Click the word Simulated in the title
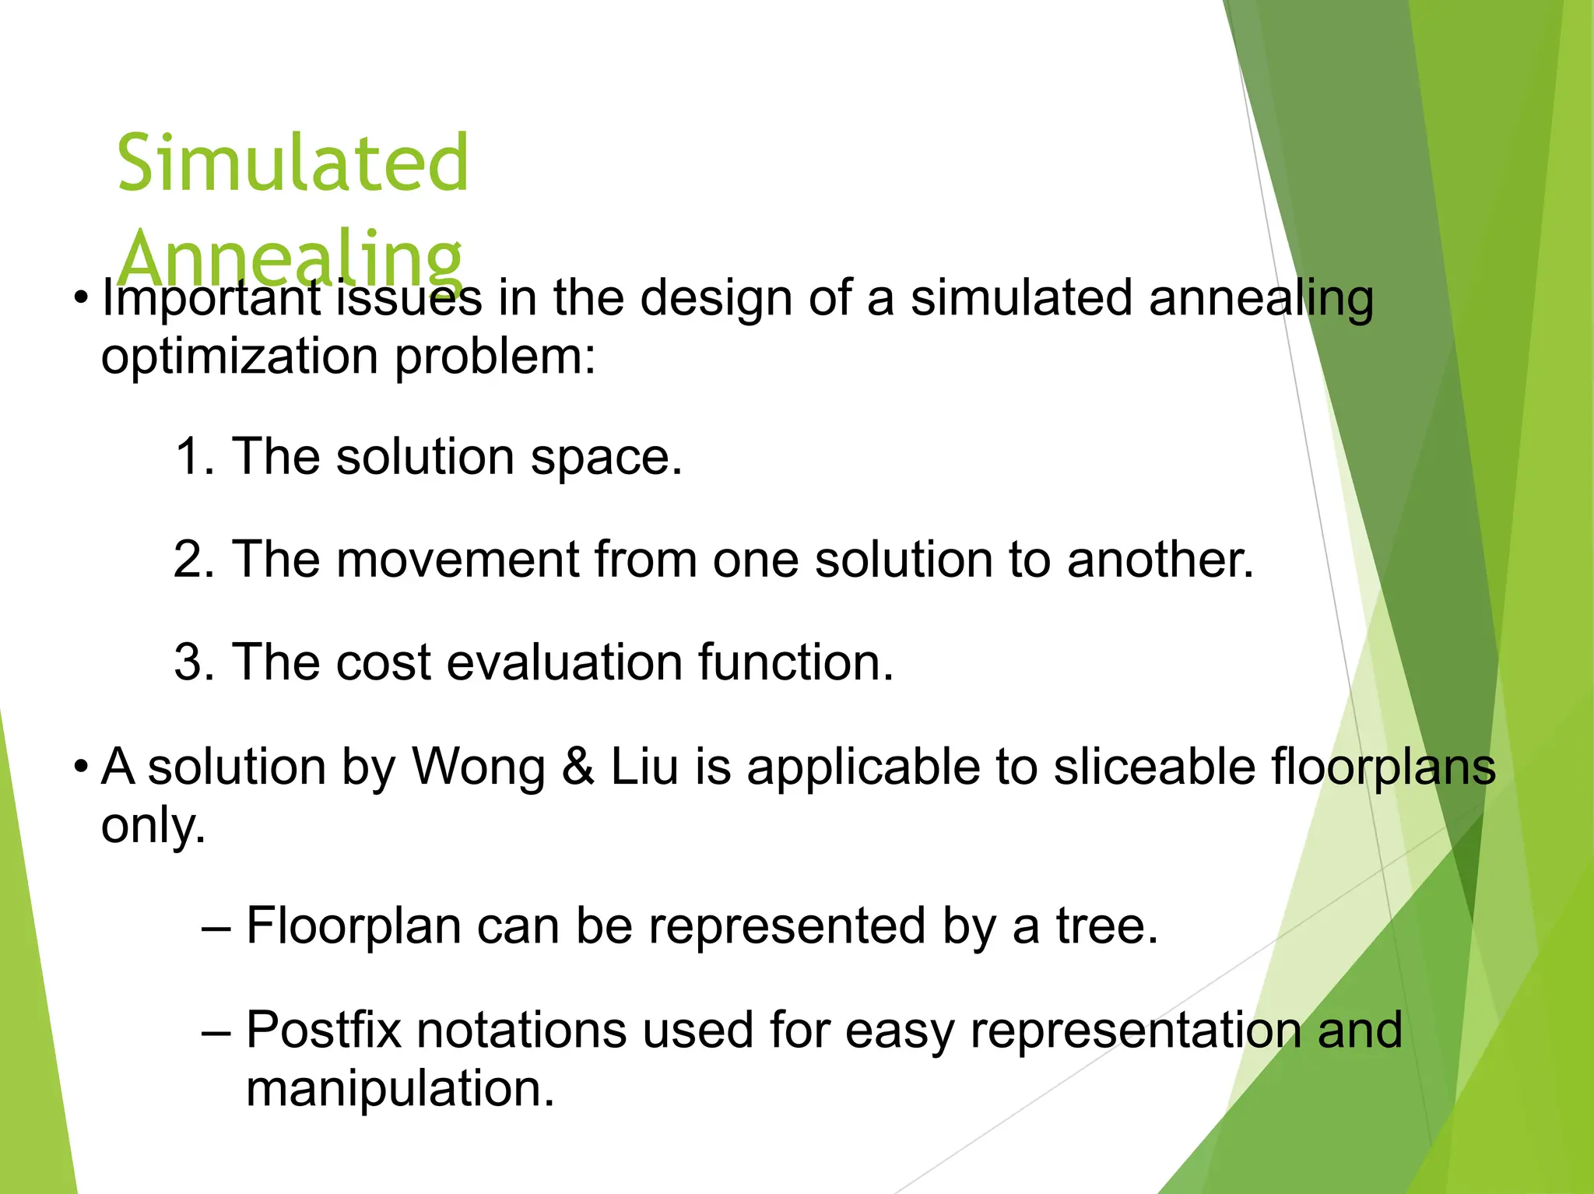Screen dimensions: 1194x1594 [x=293, y=163]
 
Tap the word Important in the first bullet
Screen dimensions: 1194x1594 [x=211, y=300]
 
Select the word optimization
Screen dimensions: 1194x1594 [x=240, y=357]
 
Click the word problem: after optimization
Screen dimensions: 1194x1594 [x=495, y=357]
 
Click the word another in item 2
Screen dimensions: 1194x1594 [x=1160, y=559]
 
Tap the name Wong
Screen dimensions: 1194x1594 [x=478, y=767]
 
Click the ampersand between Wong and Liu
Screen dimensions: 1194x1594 [x=578, y=767]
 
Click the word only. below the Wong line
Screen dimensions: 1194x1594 [x=153, y=825]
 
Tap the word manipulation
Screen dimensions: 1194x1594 [x=400, y=1088]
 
